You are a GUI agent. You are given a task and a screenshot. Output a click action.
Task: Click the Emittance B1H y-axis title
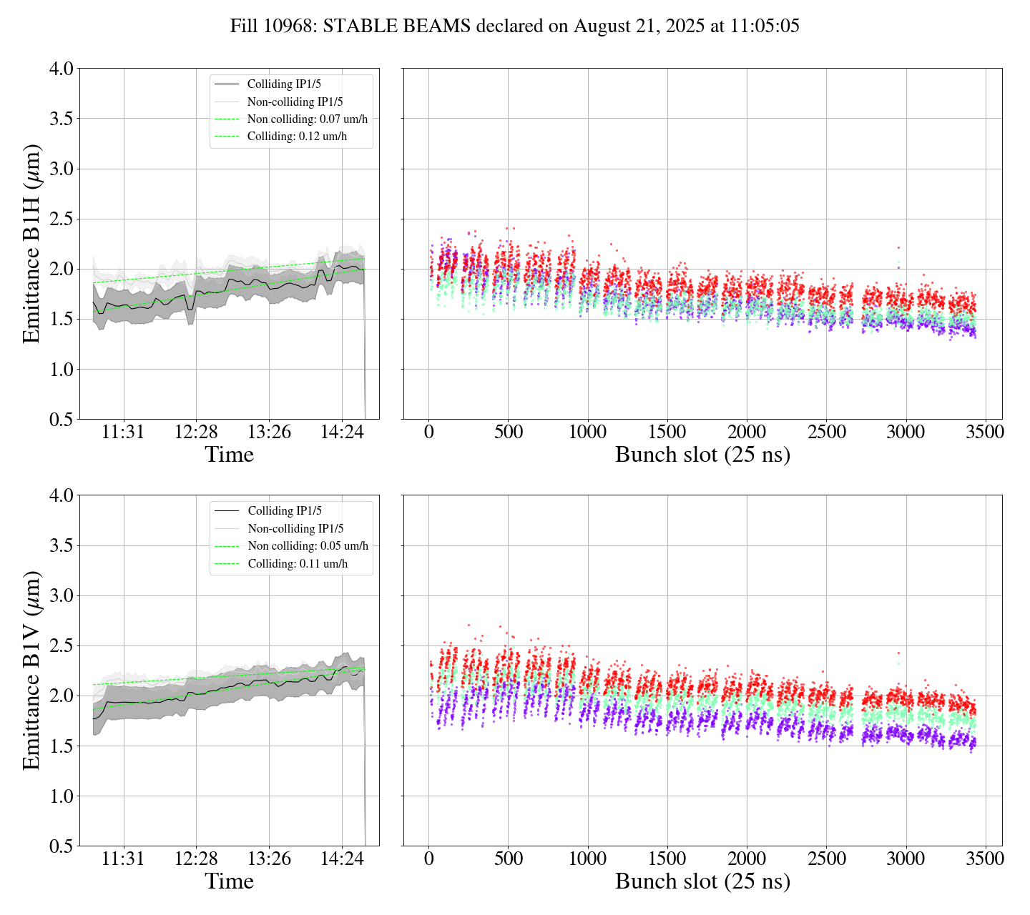click(x=31, y=243)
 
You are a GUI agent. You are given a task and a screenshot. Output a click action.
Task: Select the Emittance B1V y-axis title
click(x=31, y=670)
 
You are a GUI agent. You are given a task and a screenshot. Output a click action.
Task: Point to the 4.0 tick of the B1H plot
click(x=61, y=69)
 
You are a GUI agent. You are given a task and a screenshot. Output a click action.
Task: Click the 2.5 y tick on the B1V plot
click(x=61, y=646)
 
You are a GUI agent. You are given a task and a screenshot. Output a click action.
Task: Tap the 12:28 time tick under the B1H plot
click(x=196, y=432)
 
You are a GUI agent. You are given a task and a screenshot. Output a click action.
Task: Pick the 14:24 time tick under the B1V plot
click(x=342, y=859)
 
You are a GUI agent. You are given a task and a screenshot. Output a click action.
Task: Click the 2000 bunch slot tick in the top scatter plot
click(x=746, y=432)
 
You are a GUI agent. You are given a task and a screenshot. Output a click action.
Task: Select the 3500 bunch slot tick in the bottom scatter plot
click(x=984, y=859)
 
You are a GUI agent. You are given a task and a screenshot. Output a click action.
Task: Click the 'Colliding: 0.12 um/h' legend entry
click(x=297, y=137)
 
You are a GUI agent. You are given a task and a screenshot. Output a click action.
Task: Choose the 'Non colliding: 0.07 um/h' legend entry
click(x=312, y=119)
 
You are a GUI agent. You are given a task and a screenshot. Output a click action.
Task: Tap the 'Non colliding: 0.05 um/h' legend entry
click(x=308, y=546)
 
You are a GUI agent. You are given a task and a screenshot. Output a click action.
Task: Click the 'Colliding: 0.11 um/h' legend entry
click(x=298, y=563)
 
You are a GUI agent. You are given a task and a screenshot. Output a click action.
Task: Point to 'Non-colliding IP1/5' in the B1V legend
click(x=295, y=528)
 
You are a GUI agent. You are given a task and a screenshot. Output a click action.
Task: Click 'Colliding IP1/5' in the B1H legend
click(x=284, y=84)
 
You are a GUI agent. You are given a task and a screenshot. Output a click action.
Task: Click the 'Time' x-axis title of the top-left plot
click(x=229, y=455)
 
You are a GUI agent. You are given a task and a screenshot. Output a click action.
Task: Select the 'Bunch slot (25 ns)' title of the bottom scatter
click(x=702, y=881)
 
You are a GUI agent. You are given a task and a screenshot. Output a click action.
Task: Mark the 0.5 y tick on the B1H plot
click(x=61, y=420)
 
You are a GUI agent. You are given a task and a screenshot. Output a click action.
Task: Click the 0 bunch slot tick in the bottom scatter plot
click(x=428, y=859)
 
